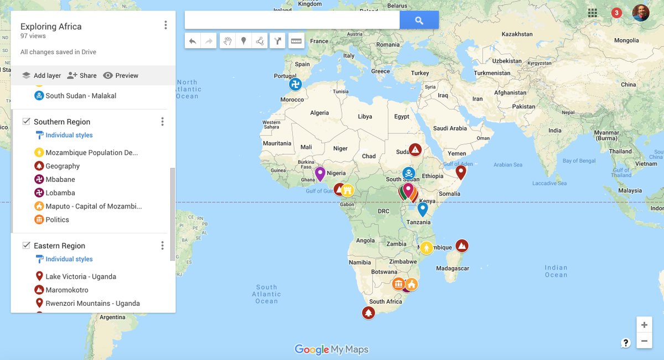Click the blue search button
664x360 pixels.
click(419, 20)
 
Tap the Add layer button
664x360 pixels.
click(41, 76)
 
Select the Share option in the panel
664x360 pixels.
click(81, 76)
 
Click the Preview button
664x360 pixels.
click(121, 76)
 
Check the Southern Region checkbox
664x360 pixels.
click(26, 122)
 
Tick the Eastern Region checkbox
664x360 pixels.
click(26, 246)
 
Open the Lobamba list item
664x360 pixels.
click(60, 193)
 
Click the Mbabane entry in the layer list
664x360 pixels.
click(60, 180)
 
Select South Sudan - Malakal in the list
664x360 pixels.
click(80, 96)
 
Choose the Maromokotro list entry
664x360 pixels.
click(66, 290)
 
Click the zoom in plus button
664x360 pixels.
click(644, 325)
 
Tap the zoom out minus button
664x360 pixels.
click(644, 341)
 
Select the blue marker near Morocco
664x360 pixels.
click(296, 85)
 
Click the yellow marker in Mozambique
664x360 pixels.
click(426, 248)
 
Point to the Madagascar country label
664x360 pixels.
click(453, 269)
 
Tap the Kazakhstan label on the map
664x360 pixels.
click(517, 34)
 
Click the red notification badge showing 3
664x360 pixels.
click(616, 13)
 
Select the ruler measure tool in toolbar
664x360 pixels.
click(296, 41)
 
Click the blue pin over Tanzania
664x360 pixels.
click(423, 209)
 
